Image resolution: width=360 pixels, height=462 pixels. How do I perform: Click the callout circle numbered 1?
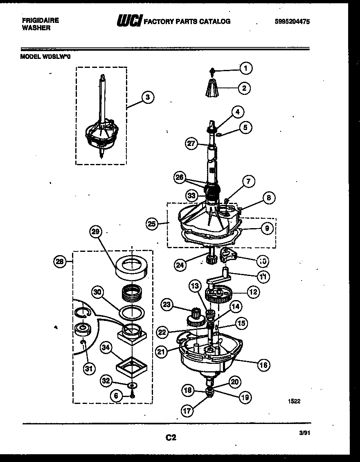(245, 69)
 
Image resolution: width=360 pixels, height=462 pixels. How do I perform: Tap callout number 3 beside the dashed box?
(147, 97)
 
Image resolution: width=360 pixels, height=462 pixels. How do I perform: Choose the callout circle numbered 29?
(96, 232)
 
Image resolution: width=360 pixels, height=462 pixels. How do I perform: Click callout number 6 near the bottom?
(115, 396)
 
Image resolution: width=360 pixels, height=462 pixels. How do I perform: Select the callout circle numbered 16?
(264, 365)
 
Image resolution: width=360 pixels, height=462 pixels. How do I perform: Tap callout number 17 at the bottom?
(187, 411)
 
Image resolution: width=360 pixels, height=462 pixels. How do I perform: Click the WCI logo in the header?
(129, 21)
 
